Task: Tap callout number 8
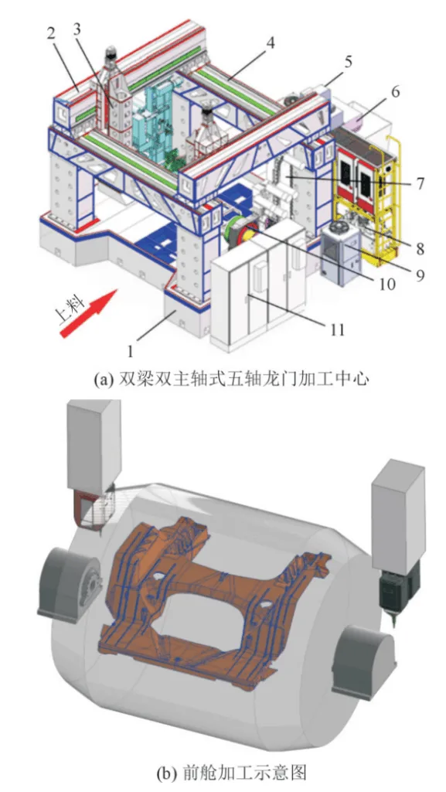click(x=418, y=249)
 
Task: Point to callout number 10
click(x=386, y=284)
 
